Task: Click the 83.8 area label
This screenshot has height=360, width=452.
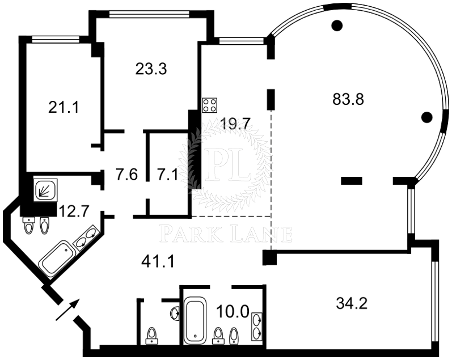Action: pyautogui.click(x=348, y=99)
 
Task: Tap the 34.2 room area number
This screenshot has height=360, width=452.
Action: pyautogui.click(x=352, y=303)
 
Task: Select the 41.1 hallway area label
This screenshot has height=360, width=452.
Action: pyautogui.click(x=158, y=262)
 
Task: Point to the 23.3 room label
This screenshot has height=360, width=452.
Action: pyautogui.click(x=151, y=69)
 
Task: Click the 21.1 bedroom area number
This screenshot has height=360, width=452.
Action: pyautogui.click(x=64, y=108)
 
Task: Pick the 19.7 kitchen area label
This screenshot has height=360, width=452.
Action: pyautogui.click(x=235, y=124)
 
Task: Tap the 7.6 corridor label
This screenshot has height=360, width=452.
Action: pyautogui.click(x=127, y=175)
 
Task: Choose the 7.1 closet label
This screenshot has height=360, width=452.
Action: pyautogui.click(x=167, y=175)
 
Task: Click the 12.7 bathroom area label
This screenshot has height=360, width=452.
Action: pyautogui.click(x=74, y=211)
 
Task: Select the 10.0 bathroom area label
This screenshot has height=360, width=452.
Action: pyautogui.click(x=233, y=312)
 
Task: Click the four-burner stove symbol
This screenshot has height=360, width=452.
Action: pyautogui.click(x=210, y=105)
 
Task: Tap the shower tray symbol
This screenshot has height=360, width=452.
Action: pyautogui.click(x=45, y=190)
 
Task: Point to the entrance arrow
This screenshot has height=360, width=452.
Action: pyautogui.click(x=67, y=310)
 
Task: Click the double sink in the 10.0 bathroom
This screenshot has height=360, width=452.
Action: pyautogui.click(x=257, y=326)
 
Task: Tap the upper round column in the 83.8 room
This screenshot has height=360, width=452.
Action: pyautogui.click(x=337, y=26)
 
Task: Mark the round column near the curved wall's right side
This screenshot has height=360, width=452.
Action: pyautogui.click(x=426, y=117)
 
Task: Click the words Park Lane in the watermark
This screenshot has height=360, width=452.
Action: pyautogui.click(x=226, y=234)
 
